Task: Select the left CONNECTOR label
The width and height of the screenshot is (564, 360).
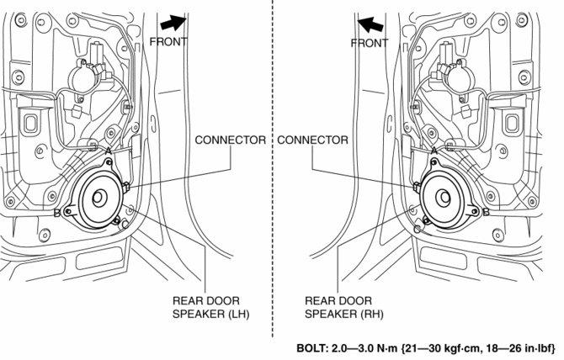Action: click(x=231, y=140)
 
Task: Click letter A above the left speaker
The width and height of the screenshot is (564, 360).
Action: click(x=109, y=151)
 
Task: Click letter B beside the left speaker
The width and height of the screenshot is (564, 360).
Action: click(x=56, y=214)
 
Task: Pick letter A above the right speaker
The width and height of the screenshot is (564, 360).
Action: click(x=434, y=151)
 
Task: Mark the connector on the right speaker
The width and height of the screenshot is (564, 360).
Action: click(x=418, y=186)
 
